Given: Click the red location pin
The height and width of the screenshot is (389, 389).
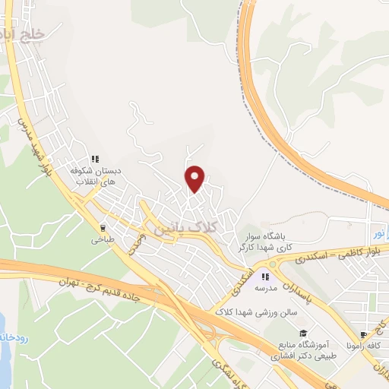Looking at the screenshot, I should [x=195, y=178].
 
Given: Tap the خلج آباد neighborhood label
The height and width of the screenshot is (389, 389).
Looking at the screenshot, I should [x=23, y=34].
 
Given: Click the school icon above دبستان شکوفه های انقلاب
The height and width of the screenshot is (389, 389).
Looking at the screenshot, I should [x=95, y=159].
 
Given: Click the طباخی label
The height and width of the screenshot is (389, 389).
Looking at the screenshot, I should [x=103, y=239].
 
